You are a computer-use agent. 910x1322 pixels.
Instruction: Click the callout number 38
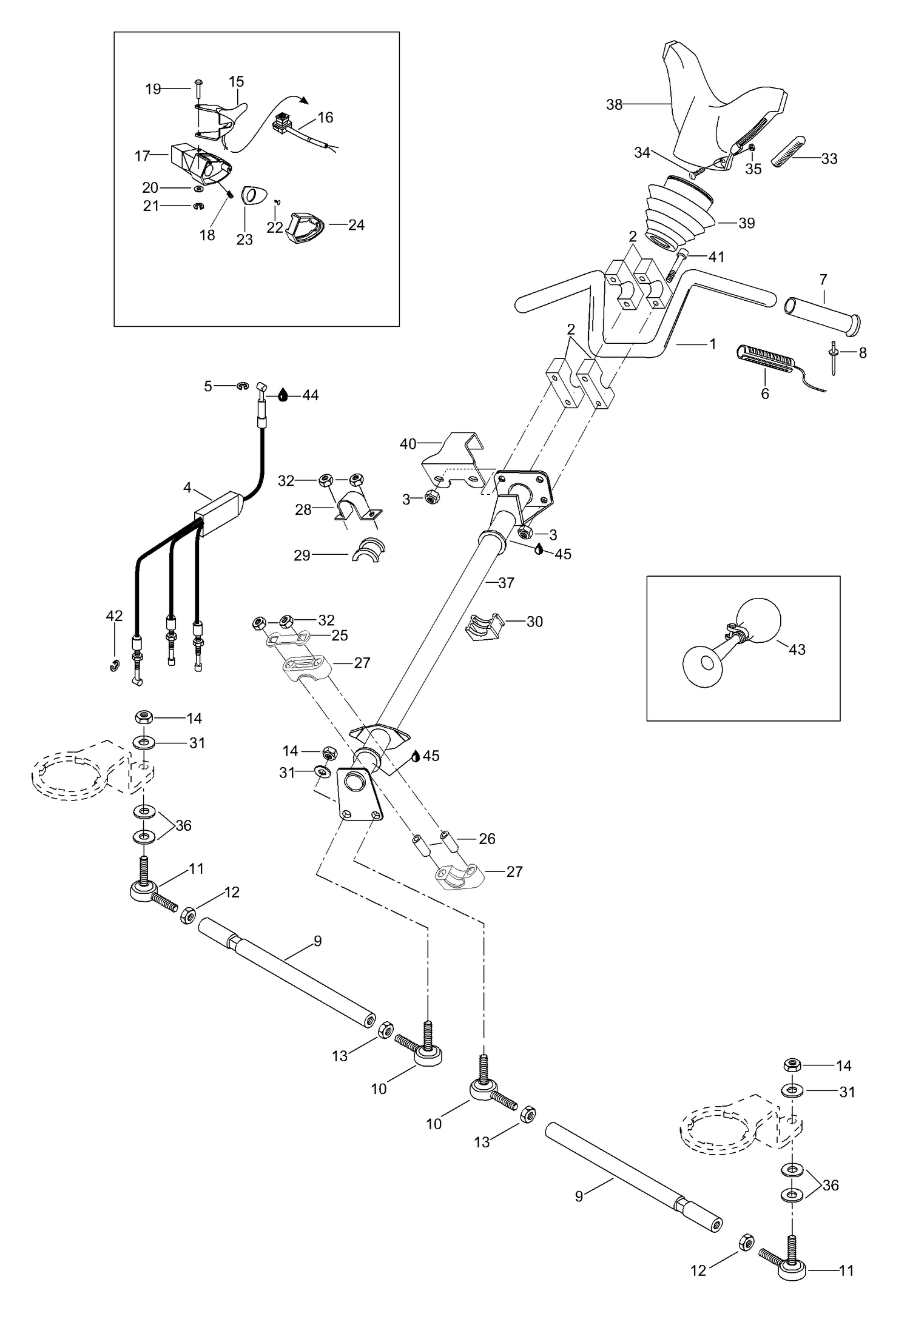(614, 105)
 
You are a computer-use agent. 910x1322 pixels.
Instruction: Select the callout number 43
(797, 649)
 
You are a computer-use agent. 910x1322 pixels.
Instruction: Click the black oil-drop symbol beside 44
(283, 395)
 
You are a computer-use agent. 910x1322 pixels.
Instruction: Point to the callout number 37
(506, 583)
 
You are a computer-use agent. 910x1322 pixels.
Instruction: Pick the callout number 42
(114, 616)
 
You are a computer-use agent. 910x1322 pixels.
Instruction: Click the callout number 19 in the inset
(153, 89)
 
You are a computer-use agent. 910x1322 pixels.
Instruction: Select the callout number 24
(356, 225)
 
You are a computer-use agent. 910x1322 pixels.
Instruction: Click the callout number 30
(534, 622)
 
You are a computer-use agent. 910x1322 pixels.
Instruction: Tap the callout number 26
(487, 839)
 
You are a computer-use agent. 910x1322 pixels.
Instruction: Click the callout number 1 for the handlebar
(712, 344)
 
